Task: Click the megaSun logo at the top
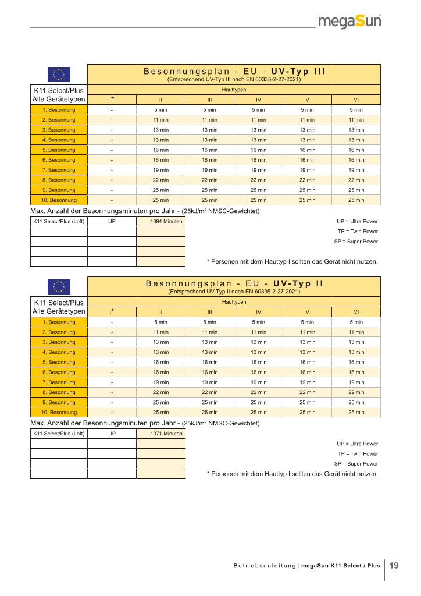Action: tap(354, 22)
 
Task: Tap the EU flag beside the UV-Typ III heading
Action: tap(59, 74)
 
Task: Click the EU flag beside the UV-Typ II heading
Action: tap(59, 286)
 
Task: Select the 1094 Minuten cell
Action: tap(160, 222)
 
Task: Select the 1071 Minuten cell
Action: tap(160, 434)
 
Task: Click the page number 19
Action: tap(394, 565)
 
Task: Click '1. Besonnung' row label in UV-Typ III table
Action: tap(59, 109)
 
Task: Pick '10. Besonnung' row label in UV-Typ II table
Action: tap(59, 413)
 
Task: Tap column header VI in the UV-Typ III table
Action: tap(356, 100)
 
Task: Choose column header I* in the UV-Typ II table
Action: tap(112, 311)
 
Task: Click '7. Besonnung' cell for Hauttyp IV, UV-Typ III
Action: tap(258, 170)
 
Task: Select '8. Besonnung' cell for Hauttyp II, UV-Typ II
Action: tap(160, 392)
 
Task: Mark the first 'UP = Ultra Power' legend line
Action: tap(357, 222)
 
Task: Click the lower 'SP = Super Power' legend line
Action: tap(356, 464)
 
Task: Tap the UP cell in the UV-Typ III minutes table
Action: tap(112, 222)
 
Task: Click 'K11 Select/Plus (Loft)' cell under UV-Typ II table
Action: tap(59, 434)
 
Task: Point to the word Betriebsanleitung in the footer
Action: tap(265, 566)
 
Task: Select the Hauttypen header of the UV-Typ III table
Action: tap(234, 90)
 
